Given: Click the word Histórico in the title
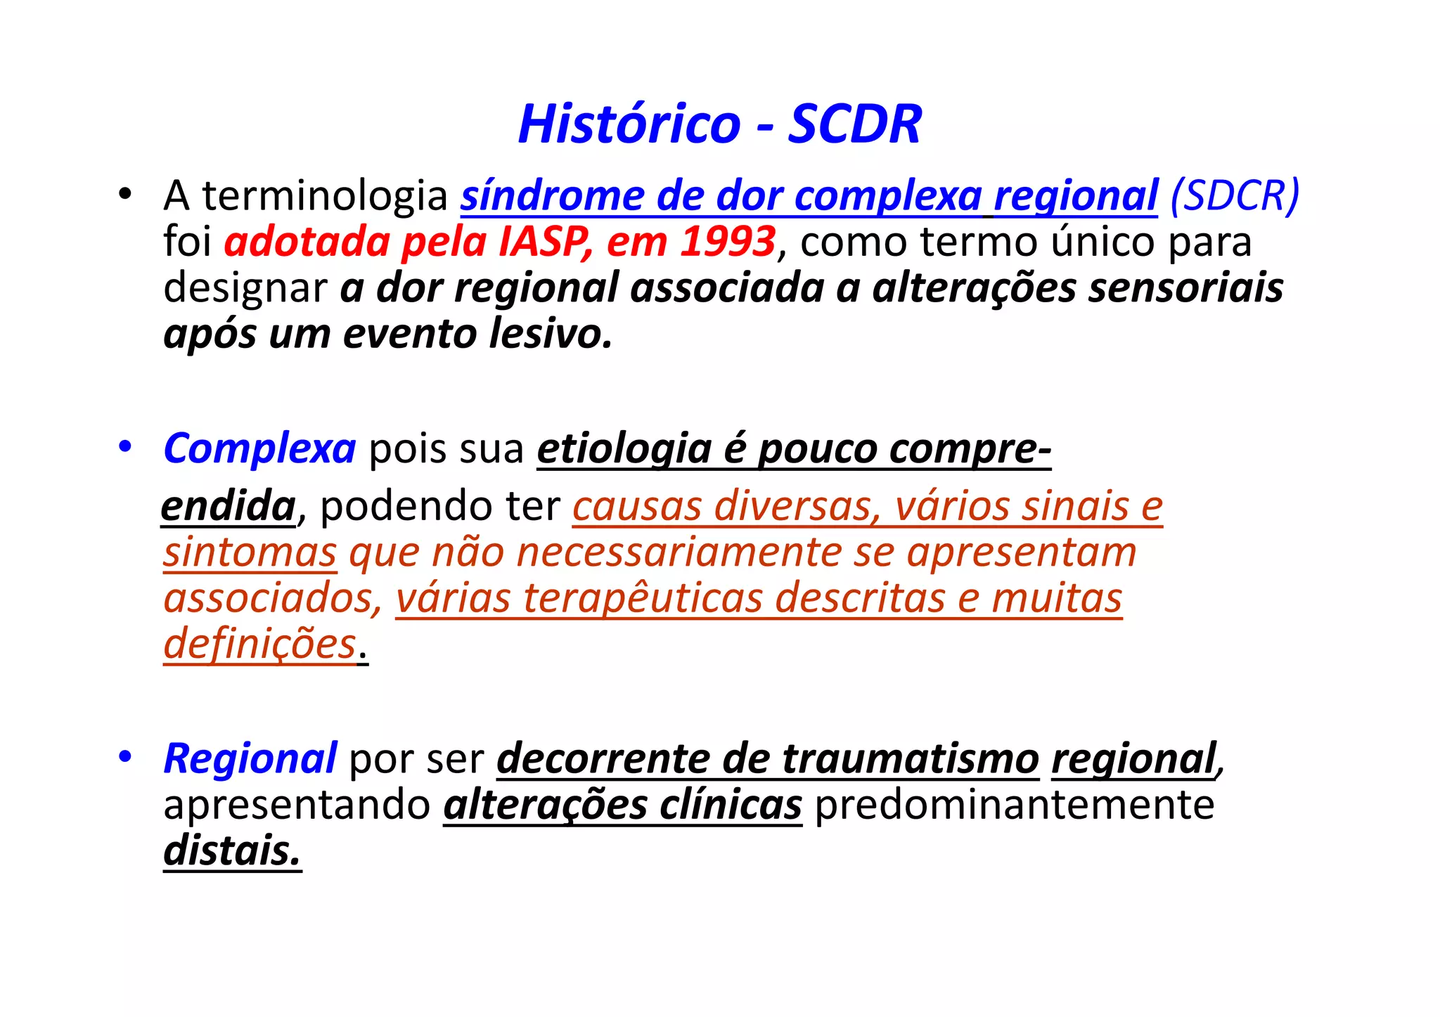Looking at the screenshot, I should [629, 124].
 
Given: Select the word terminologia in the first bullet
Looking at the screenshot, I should [325, 195].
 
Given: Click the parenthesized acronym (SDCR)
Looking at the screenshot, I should [1234, 195].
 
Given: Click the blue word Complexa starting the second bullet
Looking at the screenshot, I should [259, 448].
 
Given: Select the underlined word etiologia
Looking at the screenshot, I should [624, 448].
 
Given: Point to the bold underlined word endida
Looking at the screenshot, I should [229, 506].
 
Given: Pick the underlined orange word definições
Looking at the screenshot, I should [259, 644].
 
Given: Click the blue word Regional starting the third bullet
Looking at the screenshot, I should [250, 758].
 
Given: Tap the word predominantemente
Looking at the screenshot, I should [1014, 805].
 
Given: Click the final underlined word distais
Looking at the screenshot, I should [232, 850].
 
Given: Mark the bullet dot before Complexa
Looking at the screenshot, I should [125, 447].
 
